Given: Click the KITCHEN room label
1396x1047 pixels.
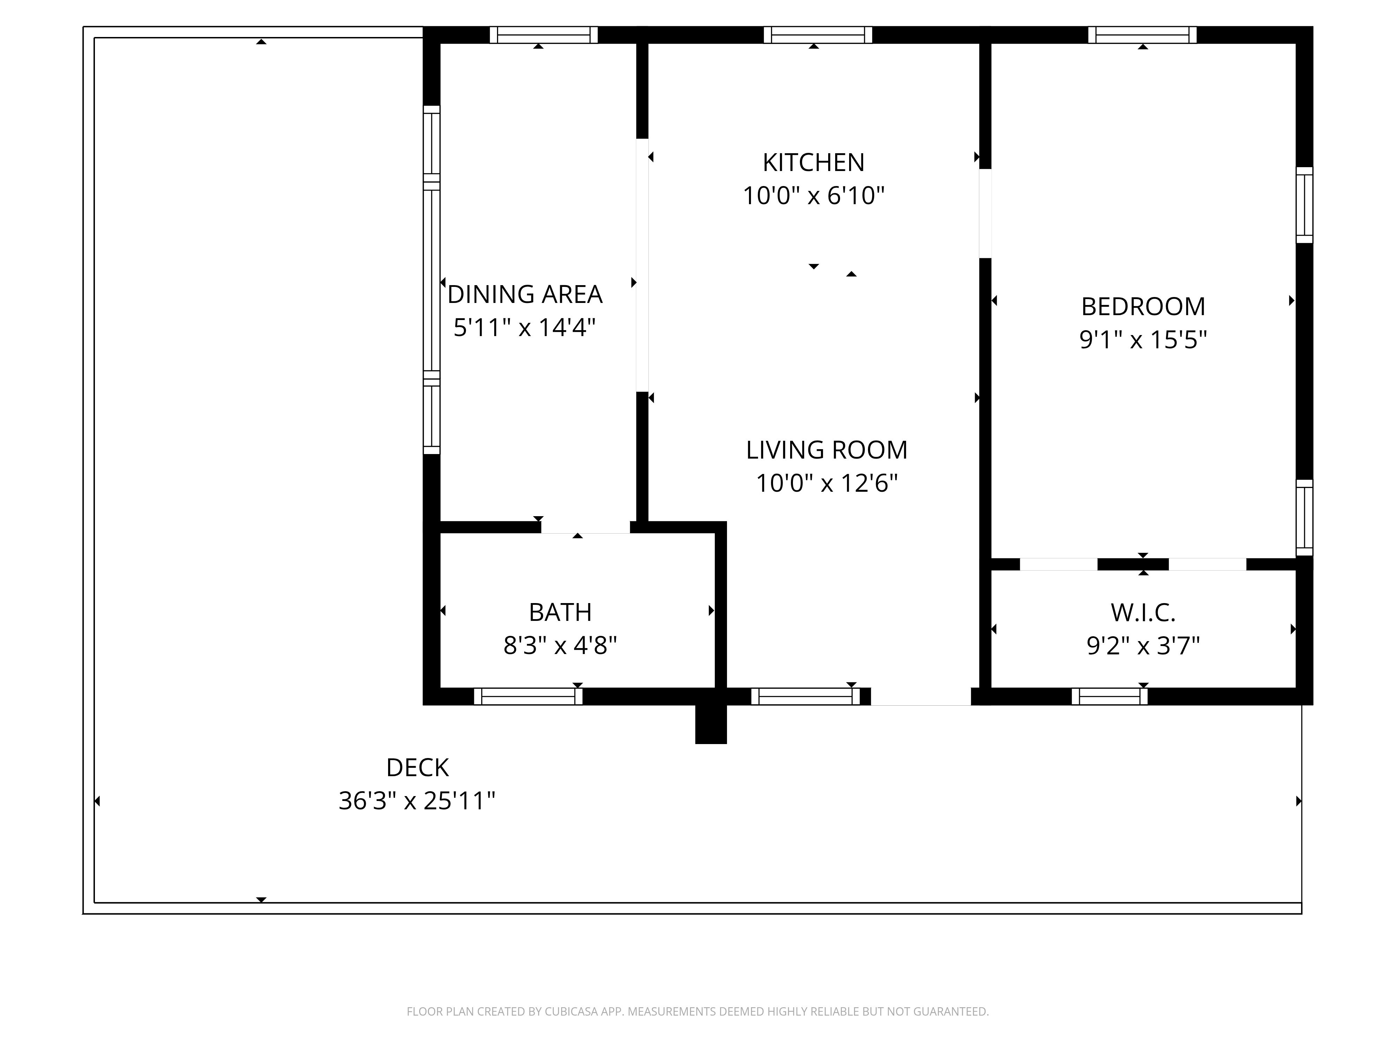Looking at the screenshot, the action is click(x=814, y=163).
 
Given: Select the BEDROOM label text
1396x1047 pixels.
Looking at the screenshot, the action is click(x=1143, y=307).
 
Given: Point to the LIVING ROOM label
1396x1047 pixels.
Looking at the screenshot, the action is click(x=827, y=450).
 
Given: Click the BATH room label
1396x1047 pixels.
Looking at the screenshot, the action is click(x=560, y=612).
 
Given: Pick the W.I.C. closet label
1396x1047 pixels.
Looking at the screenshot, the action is click(x=1143, y=612).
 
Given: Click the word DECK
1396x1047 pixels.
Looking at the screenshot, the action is click(x=417, y=767).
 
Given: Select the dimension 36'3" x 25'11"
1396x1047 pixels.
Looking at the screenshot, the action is click(x=417, y=801).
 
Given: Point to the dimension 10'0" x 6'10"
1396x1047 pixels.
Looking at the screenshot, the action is click(x=814, y=196).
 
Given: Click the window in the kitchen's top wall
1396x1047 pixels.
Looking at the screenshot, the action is click(x=818, y=35).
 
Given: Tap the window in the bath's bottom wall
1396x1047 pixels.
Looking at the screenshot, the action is click(x=528, y=696).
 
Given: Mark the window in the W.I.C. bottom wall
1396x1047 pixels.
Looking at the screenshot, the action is click(x=1109, y=696).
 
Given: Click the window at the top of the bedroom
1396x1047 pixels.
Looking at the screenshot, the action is click(x=1142, y=35).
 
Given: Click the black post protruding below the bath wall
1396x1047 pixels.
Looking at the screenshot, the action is click(x=711, y=724).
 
